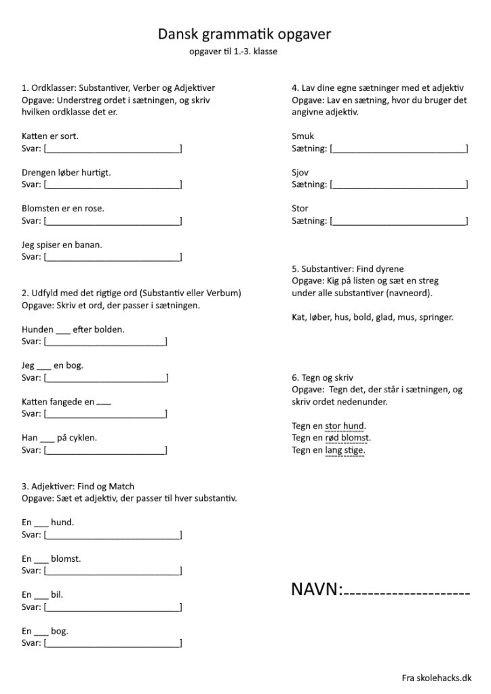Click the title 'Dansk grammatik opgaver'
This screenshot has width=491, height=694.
[244, 34]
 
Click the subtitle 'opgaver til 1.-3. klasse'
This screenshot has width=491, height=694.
[233, 51]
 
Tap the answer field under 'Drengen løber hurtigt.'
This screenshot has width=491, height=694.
[113, 184]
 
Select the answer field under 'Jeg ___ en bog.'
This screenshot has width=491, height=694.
[106, 377]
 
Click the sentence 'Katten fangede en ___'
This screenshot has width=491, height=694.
[66, 402]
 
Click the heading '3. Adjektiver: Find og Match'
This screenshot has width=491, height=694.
[78, 486]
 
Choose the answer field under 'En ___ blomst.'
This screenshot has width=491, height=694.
[113, 571]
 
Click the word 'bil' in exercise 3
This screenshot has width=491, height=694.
[57, 594]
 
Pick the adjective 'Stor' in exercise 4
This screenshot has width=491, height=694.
[300, 209]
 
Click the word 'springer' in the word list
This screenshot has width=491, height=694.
[436, 317]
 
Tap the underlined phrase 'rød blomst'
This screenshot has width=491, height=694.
[348, 438]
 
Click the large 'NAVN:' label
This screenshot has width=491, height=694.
[317, 590]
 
